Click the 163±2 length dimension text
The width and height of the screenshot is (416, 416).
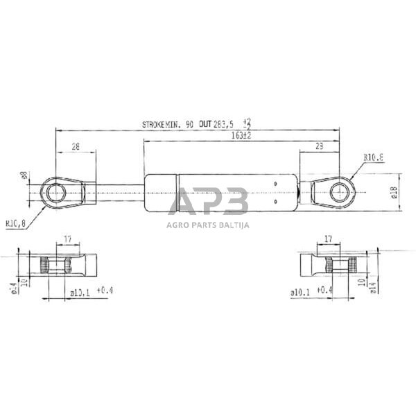(241, 136)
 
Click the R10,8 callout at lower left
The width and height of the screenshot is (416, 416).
(16, 224)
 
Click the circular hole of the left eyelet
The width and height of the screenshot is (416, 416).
(53, 191)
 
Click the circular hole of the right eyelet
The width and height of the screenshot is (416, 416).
(340, 190)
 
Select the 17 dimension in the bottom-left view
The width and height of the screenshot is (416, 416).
(68, 239)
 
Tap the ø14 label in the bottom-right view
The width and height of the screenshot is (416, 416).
(374, 285)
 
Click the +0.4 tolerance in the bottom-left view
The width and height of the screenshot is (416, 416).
(105, 290)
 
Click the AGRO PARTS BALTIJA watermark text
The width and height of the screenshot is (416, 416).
(208, 224)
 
